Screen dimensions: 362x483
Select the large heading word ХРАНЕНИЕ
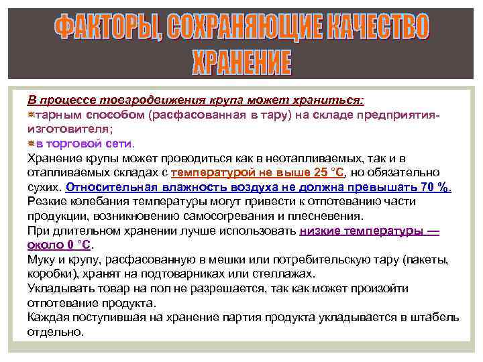click(x=241, y=63)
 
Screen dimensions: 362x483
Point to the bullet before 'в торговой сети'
click(x=31, y=143)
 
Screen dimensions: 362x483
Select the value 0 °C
click(x=78, y=245)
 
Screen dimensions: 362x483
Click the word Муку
click(x=42, y=259)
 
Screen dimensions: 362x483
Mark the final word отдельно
click(x=56, y=332)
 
